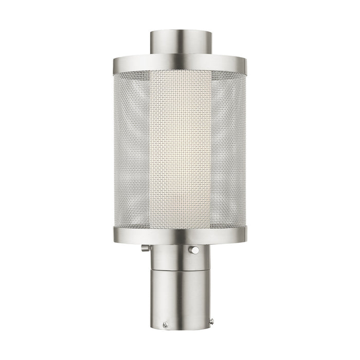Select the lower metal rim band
pyautogui.click(x=180, y=236)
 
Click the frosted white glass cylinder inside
pyautogui.click(x=180, y=149)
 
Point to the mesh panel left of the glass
pyautogui.click(x=132, y=149)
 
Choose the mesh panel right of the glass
pyautogui.click(x=228, y=149)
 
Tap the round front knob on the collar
pyautogui.click(x=194, y=250)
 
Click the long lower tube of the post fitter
pyautogui.click(x=180, y=298)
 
